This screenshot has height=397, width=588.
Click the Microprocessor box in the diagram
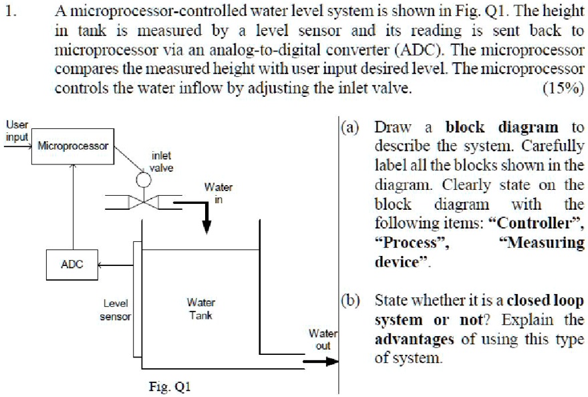[x=73, y=145]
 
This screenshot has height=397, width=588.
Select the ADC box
[x=71, y=264]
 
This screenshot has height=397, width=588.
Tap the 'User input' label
[x=17, y=130]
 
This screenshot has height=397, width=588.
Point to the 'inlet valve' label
[x=161, y=162]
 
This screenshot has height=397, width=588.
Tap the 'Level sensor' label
[x=115, y=309]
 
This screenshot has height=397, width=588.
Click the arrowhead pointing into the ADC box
[x=101, y=265]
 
